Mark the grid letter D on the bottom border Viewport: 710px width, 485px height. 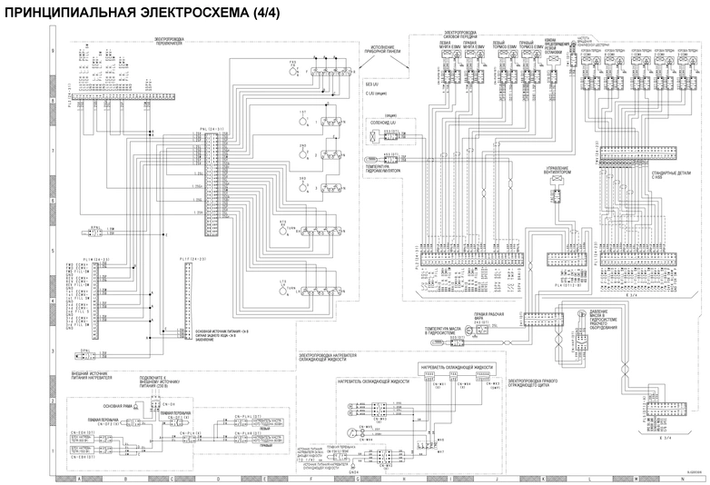[x=218, y=478]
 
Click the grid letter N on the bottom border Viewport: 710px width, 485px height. [x=680, y=478]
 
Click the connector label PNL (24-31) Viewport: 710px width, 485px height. [x=211, y=129]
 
